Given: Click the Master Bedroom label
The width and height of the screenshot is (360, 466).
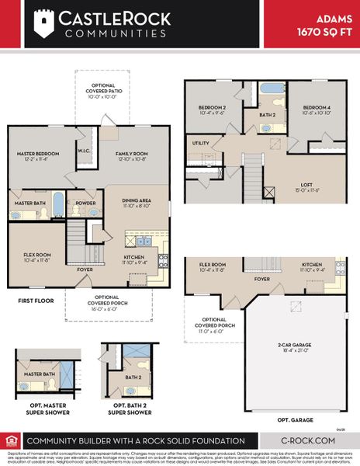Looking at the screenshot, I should pos(38,154).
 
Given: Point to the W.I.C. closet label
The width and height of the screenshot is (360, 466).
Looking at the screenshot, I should pos(84,151).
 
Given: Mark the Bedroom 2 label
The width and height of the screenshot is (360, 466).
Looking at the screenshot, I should pos(212,107).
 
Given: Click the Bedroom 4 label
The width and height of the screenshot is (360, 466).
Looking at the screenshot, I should pos(317,107).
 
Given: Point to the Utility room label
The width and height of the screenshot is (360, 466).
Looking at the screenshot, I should pos(201,143).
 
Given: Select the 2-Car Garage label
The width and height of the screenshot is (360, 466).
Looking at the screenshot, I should pos(296,348).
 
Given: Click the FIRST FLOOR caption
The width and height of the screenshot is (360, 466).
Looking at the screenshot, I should pos(36,299).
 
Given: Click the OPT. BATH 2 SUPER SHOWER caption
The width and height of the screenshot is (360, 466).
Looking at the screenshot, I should pos(129,408).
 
